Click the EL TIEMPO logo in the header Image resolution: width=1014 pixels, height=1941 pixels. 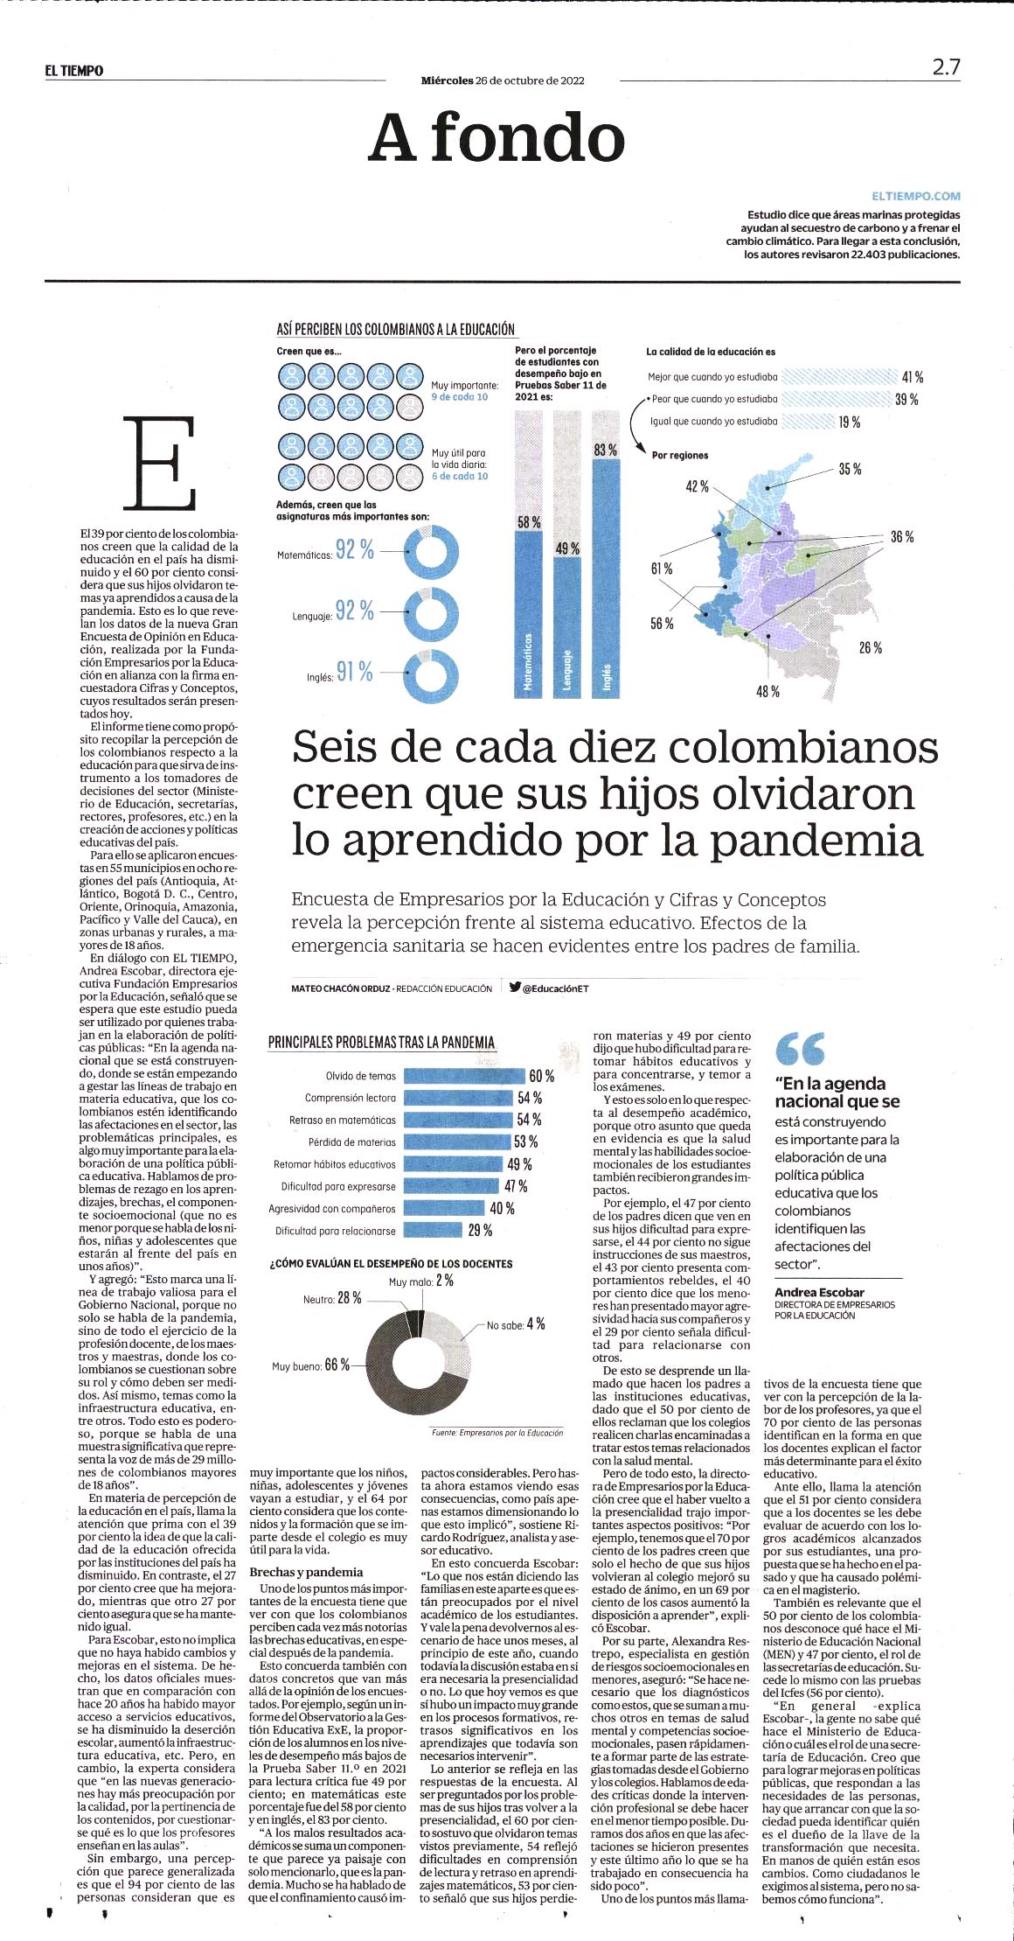point(74,71)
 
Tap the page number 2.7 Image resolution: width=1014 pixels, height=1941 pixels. point(946,67)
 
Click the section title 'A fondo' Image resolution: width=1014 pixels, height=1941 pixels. point(497,138)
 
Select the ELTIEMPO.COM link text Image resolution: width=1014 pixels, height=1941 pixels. point(915,197)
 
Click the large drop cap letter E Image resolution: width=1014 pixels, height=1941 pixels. point(159,464)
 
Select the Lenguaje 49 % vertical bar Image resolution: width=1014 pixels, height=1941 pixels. point(567,627)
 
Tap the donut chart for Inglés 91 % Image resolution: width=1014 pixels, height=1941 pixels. point(433,676)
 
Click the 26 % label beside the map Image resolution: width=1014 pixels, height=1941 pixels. point(870,648)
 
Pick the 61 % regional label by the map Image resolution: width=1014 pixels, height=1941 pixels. point(662,569)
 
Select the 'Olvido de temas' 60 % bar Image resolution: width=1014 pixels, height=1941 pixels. point(463,1076)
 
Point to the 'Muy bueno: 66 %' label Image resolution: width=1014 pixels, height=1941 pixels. point(310,1365)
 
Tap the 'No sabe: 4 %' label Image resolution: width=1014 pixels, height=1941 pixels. point(516,1325)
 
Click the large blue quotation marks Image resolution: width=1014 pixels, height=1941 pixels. point(800,1049)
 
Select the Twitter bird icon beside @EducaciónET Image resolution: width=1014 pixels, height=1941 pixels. point(515,988)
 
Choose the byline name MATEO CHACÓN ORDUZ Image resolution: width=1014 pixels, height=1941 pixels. point(340,988)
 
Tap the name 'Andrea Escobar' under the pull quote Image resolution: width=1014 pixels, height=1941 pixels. point(819,1292)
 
